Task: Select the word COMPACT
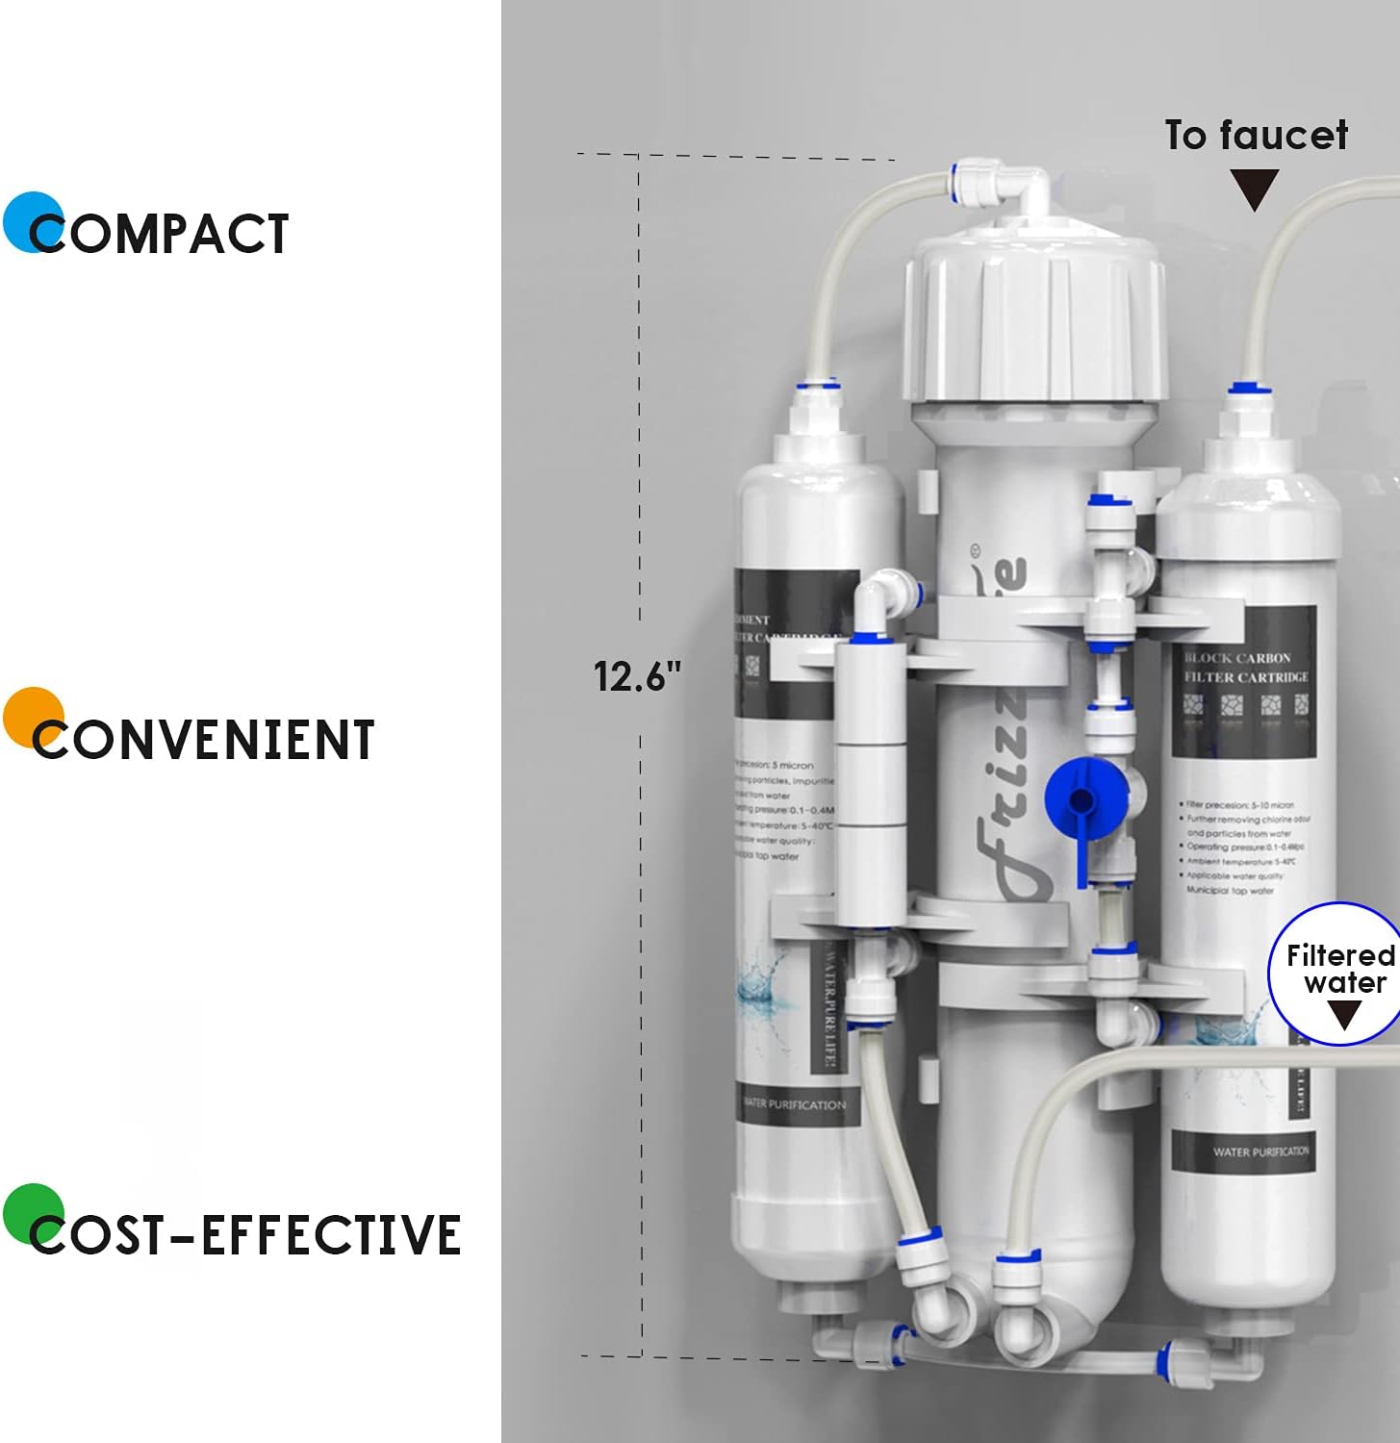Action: [160, 234]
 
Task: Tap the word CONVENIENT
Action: [203, 740]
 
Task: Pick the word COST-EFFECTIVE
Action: [245, 1235]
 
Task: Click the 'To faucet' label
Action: [1256, 135]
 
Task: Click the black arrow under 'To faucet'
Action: [1255, 190]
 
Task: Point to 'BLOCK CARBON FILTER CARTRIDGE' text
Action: [1246, 668]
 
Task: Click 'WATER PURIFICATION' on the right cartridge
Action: [1260, 1152]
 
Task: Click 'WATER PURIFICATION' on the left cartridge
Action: [795, 1104]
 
